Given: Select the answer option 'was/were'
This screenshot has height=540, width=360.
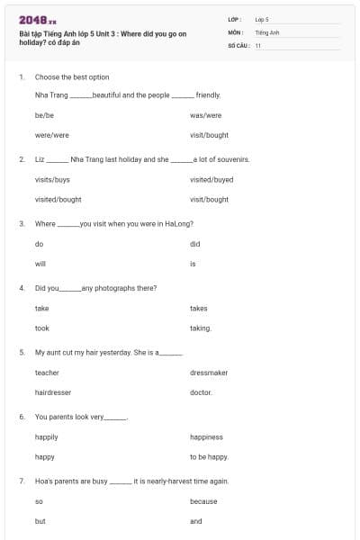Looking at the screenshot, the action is click(205, 115).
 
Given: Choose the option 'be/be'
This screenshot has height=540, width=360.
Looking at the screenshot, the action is click(44, 115).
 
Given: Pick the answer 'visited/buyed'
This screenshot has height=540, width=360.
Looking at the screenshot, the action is click(211, 179).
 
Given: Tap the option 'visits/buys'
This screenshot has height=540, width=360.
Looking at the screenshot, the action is click(52, 179).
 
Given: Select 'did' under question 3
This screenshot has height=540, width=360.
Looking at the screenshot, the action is click(194, 244).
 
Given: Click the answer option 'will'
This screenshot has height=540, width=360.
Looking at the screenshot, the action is click(40, 264).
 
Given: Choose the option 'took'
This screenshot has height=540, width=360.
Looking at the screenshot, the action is click(42, 328).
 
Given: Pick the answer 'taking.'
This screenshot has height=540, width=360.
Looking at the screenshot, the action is click(201, 328).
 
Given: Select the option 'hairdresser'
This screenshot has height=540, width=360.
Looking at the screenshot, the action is click(52, 392).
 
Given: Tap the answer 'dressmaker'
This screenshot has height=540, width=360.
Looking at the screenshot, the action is click(209, 373).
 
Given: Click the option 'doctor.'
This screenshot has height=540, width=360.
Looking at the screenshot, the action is click(202, 392).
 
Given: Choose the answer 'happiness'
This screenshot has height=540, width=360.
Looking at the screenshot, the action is click(206, 437).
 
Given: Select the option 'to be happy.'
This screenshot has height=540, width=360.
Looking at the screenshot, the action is click(209, 457).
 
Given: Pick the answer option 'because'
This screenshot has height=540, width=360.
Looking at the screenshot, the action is click(203, 501).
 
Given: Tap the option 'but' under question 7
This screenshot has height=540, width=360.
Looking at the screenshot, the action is click(40, 521).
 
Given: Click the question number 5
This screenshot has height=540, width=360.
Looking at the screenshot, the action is click(21, 352).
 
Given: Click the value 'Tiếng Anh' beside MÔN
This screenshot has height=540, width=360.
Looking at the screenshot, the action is click(267, 31).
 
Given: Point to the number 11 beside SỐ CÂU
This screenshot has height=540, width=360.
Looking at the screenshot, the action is click(258, 45).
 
